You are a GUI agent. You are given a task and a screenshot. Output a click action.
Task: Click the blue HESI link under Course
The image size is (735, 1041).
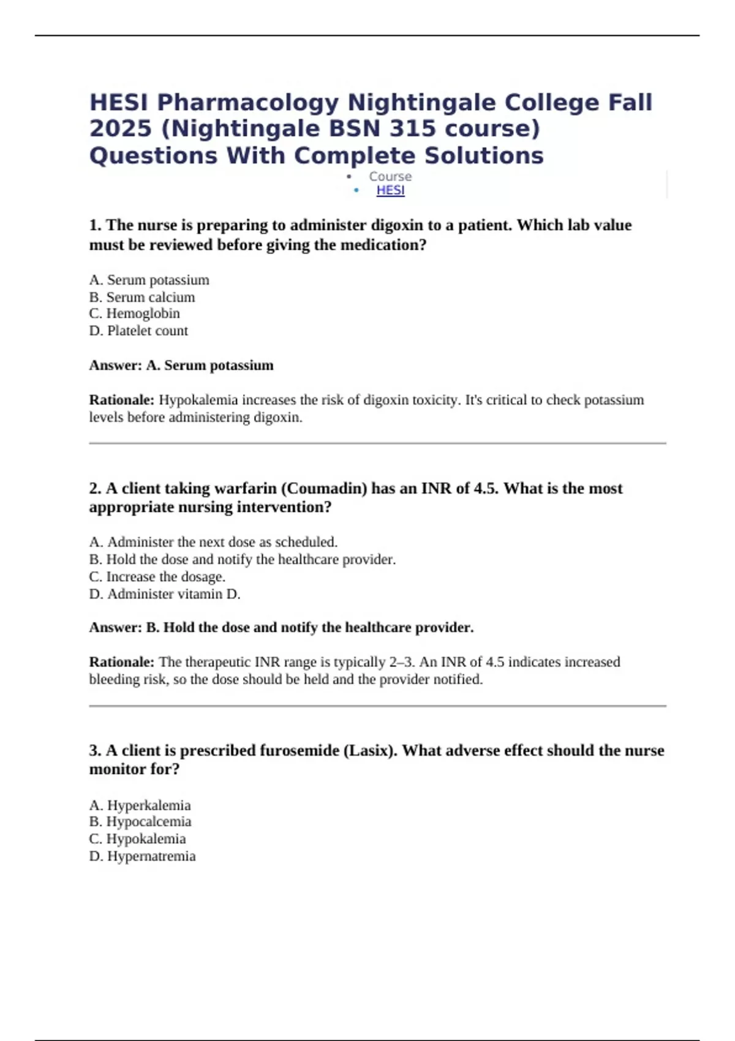tap(390, 190)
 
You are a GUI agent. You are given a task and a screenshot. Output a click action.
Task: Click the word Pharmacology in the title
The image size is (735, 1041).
tap(247, 102)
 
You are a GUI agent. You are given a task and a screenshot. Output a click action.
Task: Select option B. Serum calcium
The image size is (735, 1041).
tap(142, 297)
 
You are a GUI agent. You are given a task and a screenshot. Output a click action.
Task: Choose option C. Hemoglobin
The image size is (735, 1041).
tap(135, 314)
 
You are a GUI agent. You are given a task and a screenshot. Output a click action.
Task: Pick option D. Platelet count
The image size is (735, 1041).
tap(138, 331)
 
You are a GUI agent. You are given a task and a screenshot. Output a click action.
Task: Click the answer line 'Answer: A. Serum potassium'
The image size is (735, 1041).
tap(181, 366)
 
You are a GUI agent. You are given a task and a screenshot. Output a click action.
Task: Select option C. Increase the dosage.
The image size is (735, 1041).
tap(157, 577)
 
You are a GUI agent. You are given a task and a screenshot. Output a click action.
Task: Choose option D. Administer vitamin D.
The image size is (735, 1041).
tap(165, 594)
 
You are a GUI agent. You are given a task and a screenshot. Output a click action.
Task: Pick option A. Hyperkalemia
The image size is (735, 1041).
tap(140, 805)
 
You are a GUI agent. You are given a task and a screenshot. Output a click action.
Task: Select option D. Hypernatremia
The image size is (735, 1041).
tap(143, 856)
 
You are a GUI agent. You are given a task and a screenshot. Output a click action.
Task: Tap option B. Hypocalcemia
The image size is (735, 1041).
tap(140, 822)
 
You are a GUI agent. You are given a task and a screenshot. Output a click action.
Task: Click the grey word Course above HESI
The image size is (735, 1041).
tap(390, 176)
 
